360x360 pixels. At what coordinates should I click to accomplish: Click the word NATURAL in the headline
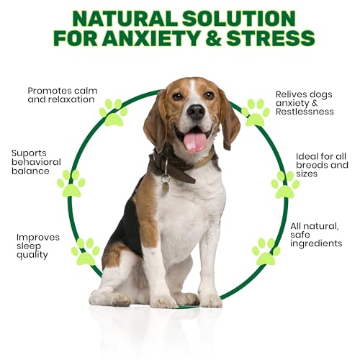(125, 19)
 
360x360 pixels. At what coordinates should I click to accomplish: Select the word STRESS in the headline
(270, 38)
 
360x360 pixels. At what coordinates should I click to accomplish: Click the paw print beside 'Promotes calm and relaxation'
(114, 112)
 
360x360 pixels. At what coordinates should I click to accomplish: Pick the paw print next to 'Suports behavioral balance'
(71, 184)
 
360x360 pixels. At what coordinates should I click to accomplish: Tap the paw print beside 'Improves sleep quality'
(86, 252)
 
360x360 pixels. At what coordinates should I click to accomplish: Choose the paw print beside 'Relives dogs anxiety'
(256, 112)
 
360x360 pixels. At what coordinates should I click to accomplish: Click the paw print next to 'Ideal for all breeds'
(285, 184)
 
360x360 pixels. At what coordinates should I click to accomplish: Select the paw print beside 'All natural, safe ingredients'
(266, 252)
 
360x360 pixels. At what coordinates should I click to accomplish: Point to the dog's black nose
(196, 112)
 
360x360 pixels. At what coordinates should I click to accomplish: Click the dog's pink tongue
(195, 142)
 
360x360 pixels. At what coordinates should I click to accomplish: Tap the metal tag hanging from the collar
(165, 184)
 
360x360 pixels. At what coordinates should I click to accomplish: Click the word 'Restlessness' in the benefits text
(305, 112)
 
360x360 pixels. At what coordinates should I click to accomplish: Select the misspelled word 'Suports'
(29, 153)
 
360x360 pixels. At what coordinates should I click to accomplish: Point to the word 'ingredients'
(316, 243)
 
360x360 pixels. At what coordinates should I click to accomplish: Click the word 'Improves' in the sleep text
(38, 238)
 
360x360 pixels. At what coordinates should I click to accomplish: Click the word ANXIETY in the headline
(152, 38)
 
